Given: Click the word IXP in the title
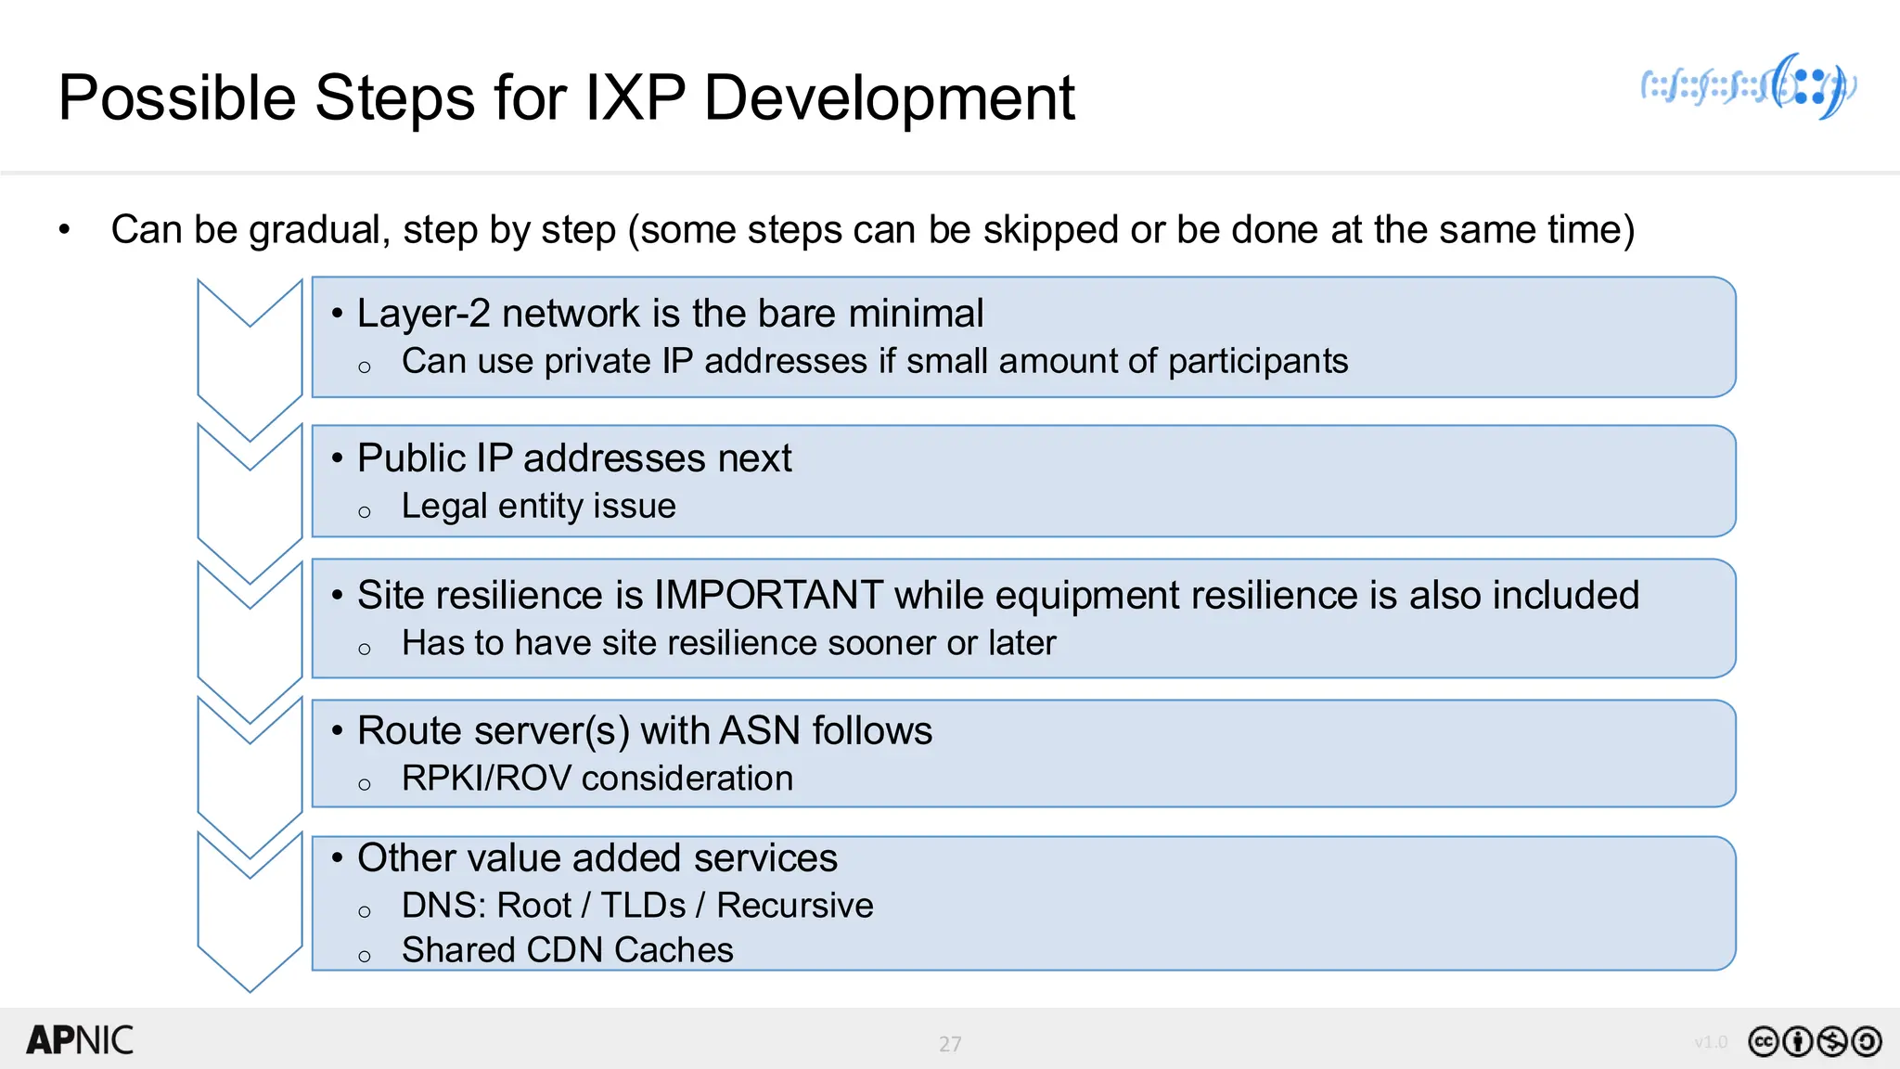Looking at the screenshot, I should [635, 98].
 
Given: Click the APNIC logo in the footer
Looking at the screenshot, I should [80, 1040].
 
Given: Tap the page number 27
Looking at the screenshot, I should [950, 1044].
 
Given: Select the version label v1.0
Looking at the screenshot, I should [1711, 1042].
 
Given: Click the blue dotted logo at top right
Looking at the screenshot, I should [1748, 87].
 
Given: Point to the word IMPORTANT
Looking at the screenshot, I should [768, 596].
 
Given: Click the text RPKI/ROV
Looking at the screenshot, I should [485, 779].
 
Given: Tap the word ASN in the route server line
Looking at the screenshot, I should [760, 731].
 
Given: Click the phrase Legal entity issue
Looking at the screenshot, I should [538, 507].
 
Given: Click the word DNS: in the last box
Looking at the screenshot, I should [442, 906].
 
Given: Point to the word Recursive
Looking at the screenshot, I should [794, 906].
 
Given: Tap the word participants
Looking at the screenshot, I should [1257, 362].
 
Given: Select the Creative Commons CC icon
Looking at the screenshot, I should [1763, 1042].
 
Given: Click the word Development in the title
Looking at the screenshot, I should [889, 98].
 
